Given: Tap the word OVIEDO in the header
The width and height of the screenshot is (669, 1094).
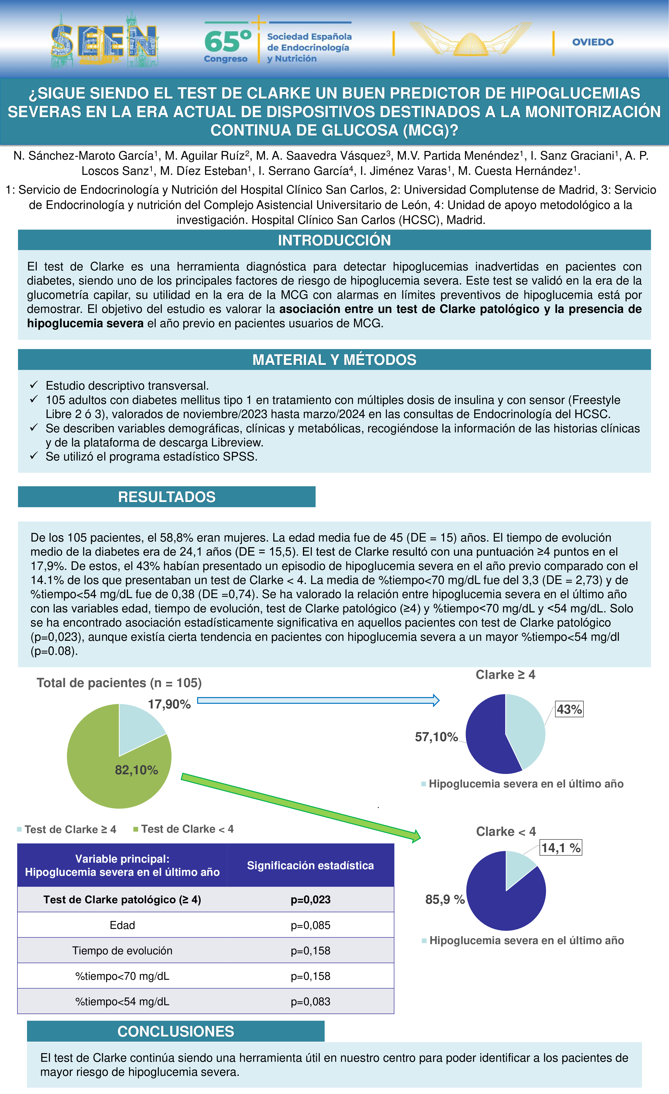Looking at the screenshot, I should tap(593, 42).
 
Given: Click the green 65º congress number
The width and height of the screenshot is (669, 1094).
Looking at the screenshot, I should tap(227, 41).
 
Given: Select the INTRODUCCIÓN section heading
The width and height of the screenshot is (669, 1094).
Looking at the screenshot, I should tap(334, 240).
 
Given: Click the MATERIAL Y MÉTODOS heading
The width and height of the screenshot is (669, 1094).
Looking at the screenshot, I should tap(334, 360).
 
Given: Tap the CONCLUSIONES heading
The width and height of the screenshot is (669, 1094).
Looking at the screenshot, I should tap(176, 1031).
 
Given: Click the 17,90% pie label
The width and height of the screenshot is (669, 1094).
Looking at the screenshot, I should tap(169, 704).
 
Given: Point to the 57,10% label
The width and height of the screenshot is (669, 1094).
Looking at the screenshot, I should tap(436, 737).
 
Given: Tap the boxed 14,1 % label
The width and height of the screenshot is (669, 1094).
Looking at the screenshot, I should tap(561, 848).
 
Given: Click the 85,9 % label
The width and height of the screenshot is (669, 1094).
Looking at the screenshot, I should tap(445, 900).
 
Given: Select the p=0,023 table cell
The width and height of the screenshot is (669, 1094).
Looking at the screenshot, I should tap(310, 900).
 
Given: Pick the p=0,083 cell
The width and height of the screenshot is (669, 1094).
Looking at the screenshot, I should tap(310, 1002).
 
